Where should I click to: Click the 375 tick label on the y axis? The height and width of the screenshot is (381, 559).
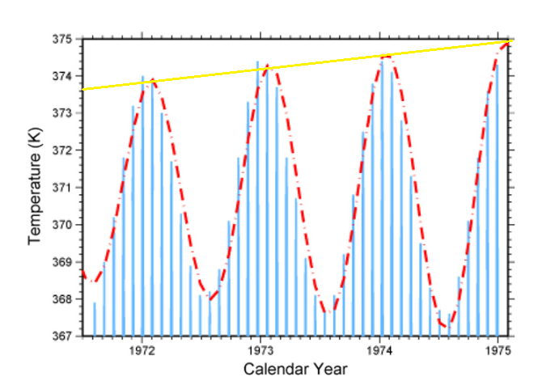coord(62,39)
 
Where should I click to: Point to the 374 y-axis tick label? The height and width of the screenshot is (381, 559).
coord(62,76)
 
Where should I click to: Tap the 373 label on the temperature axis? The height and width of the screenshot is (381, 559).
coord(62,113)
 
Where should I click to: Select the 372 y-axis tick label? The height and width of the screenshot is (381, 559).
coord(62,150)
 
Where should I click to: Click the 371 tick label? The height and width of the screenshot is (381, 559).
coord(62,188)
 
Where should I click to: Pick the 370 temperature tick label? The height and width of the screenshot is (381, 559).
coord(62,224)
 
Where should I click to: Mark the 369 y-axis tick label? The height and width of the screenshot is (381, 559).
coord(62,261)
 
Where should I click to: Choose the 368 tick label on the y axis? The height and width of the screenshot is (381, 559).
coord(62,298)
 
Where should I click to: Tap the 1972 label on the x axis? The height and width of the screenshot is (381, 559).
coord(142,350)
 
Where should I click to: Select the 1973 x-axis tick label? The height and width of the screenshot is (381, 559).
coord(261,350)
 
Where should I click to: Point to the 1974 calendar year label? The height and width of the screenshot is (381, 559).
coord(380,350)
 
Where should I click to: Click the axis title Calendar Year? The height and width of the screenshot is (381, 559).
coord(296,369)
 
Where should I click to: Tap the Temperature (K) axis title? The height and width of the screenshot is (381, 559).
coord(35,187)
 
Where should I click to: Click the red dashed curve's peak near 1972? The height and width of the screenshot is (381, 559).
coord(151,81)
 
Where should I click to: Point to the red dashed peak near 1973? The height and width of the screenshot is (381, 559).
coord(268,66)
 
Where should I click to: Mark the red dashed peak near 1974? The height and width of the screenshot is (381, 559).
coord(387,56)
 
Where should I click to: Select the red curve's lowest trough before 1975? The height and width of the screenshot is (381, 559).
coord(447,325)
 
